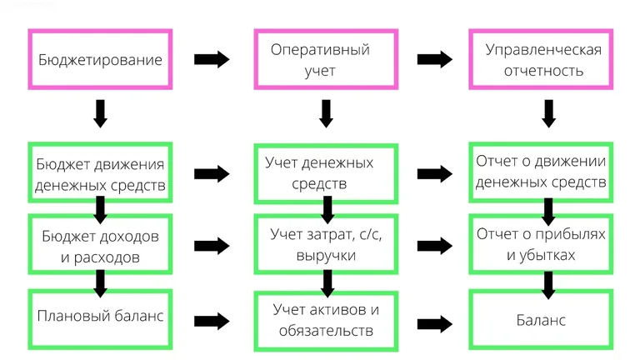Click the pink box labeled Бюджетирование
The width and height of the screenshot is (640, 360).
[x=100, y=60]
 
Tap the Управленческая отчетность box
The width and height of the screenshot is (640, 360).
[x=543, y=60]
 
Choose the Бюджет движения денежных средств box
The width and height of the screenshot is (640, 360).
[x=100, y=172]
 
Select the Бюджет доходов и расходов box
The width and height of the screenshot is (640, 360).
[x=100, y=245]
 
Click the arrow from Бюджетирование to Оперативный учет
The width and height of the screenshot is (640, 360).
[x=212, y=60]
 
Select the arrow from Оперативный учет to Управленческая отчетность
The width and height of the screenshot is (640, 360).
[x=435, y=60]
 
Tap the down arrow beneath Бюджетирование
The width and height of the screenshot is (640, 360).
[x=100, y=113]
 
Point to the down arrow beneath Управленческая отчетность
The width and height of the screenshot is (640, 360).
[x=548, y=113]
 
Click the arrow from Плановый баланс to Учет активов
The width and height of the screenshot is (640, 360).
[x=212, y=320]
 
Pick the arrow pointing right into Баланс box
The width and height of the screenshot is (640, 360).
[x=435, y=322]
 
